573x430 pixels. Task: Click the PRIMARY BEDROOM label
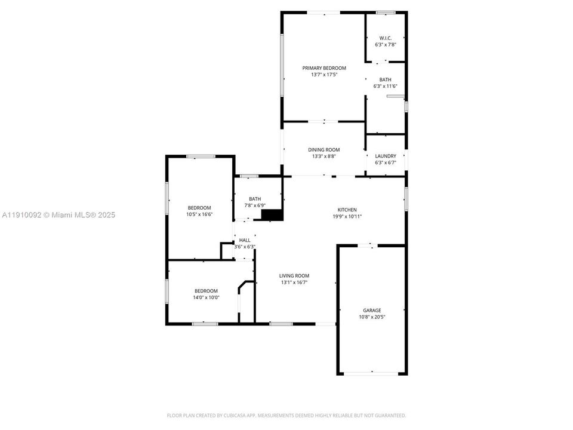pos(324,68)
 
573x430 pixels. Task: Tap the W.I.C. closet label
pos(385,38)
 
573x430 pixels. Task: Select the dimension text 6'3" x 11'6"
pos(385,86)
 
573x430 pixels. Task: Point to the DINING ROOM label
pos(324,149)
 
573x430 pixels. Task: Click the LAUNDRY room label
pos(386,156)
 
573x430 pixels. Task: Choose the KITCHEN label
pos(347,210)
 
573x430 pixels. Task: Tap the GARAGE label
pos(372,311)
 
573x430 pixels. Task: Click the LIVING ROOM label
pos(294,276)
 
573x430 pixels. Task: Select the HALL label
pos(245,240)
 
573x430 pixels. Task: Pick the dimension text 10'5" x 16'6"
pos(199,214)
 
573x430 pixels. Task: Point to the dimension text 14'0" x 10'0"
pos(206,297)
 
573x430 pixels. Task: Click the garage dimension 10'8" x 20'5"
pos(372,317)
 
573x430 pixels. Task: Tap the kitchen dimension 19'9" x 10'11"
pos(347,216)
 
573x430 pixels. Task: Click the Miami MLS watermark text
pos(58,215)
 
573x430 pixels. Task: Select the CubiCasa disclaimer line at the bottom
pos(286,416)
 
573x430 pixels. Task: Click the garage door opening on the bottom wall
pos(372,373)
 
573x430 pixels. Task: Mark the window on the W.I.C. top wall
pos(386,13)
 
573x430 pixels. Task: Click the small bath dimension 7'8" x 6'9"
pos(255,205)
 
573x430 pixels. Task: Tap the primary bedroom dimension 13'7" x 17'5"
pos(324,75)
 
